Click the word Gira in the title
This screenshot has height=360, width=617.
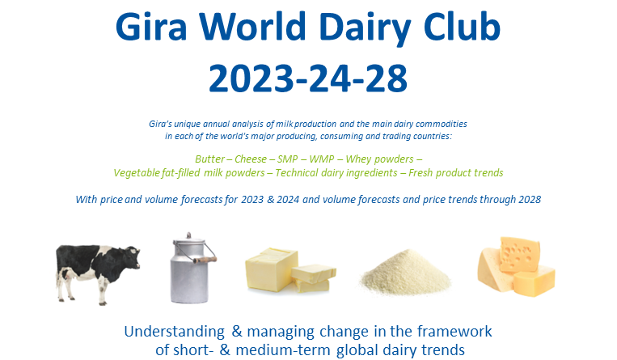click(x=151, y=27)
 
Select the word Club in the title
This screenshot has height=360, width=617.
click(x=462, y=27)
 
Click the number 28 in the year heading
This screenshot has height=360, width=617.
click(x=387, y=78)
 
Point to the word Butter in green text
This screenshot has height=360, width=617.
click(x=209, y=159)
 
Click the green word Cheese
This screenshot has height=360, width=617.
click(x=251, y=159)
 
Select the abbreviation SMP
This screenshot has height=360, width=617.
click(x=287, y=159)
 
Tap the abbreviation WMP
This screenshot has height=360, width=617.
click(x=322, y=159)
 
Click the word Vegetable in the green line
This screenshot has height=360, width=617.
click(x=137, y=173)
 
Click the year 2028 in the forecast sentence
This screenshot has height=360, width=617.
click(x=530, y=199)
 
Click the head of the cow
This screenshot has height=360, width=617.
click(x=132, y=256)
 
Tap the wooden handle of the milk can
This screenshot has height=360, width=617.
click(x=205, y=260)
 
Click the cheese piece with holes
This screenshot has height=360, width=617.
click(x=519, y=254)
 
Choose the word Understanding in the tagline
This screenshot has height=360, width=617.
click(x=175, y=332)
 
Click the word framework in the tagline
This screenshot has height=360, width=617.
click(x=454, y=331)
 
